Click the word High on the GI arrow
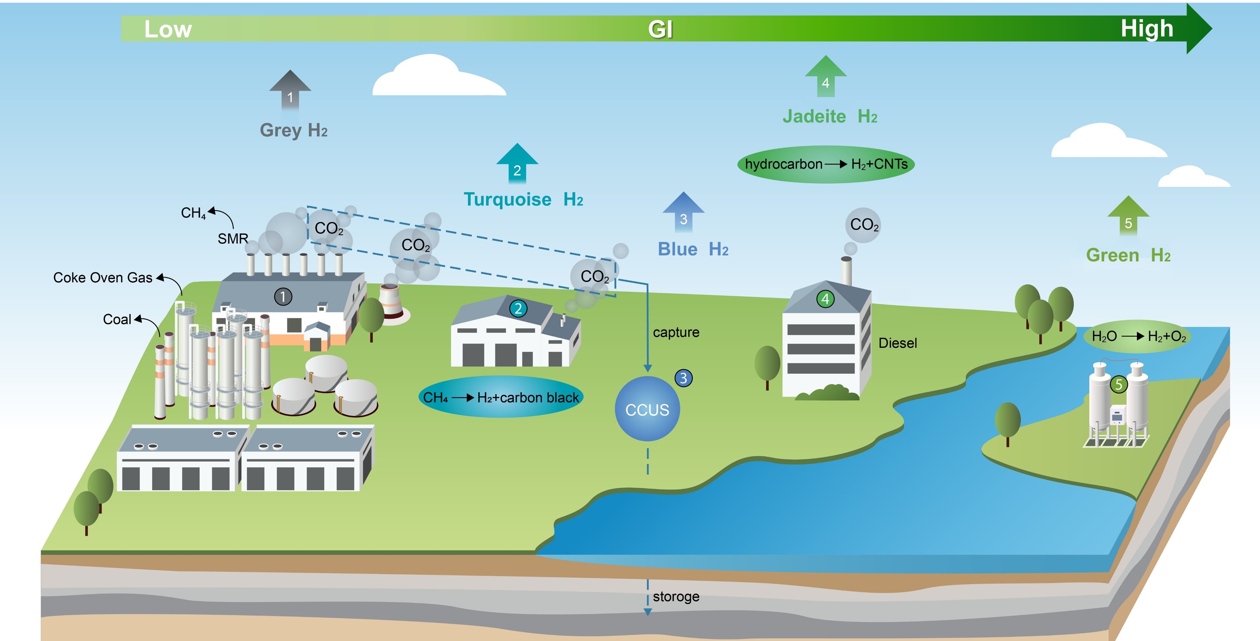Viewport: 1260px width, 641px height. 1147,28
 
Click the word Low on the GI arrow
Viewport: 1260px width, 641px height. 168,29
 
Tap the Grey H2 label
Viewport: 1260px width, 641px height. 293,130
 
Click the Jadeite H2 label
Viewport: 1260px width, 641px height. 830,116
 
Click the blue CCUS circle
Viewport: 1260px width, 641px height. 647,409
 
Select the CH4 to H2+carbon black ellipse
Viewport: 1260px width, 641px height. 501,397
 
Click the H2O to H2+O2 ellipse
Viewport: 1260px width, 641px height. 1138,336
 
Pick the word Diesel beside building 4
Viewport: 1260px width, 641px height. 898,343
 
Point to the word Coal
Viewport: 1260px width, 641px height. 117,320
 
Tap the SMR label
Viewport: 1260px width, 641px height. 233,239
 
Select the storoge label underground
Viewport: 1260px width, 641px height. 676,597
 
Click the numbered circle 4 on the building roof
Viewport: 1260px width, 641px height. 825,299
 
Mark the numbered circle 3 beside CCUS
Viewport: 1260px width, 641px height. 683,378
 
